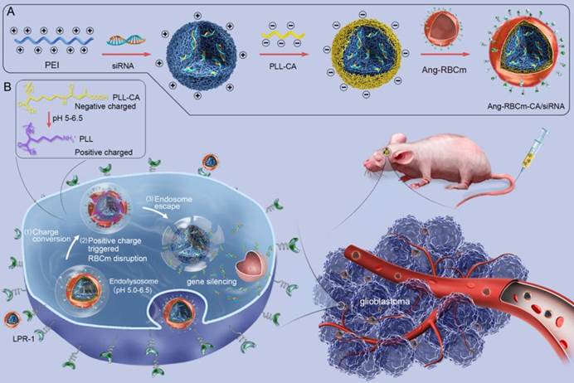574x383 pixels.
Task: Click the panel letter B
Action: click(x=7, y=85)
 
